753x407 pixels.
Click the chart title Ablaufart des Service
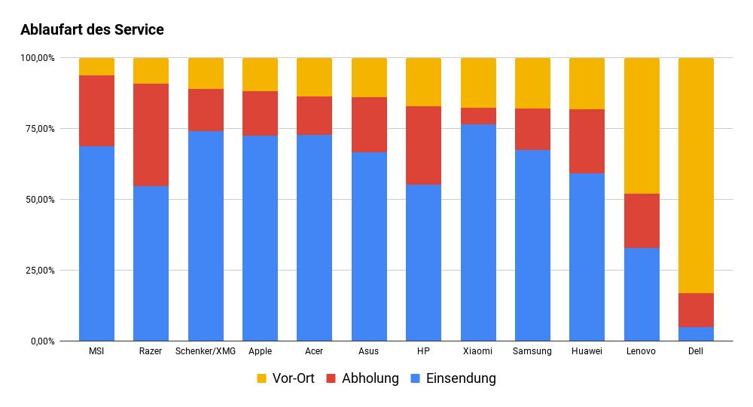pos(92,30)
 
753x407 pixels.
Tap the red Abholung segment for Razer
pos(151,135)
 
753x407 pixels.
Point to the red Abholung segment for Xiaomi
pos(478,116)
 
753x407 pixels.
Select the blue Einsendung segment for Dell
pos(696,333)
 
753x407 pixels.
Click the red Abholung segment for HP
pos(423,145)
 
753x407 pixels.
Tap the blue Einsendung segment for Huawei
pos(587,257)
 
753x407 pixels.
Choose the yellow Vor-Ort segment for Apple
pos(260,75)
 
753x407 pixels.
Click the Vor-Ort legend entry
pos(285,378)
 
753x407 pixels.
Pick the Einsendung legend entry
pos(453,378)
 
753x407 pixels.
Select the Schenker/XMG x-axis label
pos(206,351)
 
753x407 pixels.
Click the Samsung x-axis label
pos(532,351)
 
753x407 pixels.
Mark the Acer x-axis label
pos(314,351)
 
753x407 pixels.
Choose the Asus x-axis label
pos(369,351)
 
